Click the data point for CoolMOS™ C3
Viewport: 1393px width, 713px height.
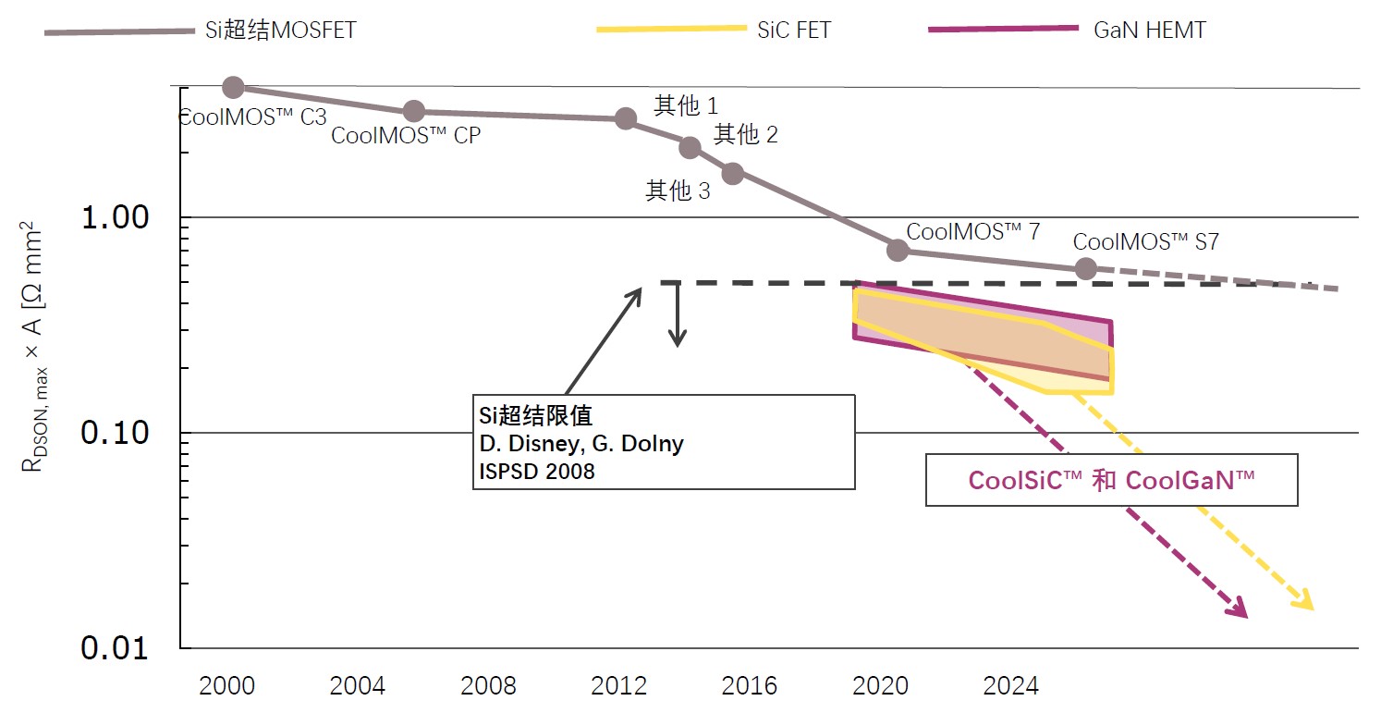coord(233,87)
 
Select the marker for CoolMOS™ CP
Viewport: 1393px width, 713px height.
coord(414,111)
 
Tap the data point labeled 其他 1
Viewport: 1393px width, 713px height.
coord(626,118)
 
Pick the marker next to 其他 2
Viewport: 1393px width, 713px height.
coord(690,147)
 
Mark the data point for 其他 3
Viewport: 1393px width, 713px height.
coord(732,173)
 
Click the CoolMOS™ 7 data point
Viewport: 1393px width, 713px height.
coord(898,250)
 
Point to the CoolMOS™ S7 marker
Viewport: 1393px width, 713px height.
coord(1086,269)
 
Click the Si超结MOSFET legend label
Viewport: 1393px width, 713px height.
coord(280,30)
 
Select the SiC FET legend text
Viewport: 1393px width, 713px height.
coord(792,30)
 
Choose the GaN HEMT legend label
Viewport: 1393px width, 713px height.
coord(1150,30)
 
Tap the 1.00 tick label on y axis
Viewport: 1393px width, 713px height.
coord(115,218)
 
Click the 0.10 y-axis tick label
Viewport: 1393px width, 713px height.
coord(115,433)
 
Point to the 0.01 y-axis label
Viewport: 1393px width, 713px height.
coord(115,648)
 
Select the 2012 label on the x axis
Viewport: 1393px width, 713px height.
coord(618,686)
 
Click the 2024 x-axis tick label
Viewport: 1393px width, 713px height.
coord(1010,686)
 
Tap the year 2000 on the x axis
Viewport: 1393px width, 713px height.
coord(226,686)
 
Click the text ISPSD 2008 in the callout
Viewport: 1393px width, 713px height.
coord(537,471)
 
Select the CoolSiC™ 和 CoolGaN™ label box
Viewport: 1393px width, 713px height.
coord(1111,481)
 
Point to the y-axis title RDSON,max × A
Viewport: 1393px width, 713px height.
coord(32,347)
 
